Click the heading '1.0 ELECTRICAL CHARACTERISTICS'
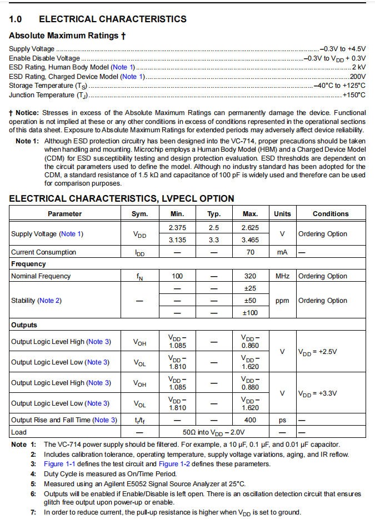coord(98,19)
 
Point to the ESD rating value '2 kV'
coord(359,67)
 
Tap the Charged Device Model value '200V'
coord(357,76)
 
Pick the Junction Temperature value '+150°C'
coord(354,94)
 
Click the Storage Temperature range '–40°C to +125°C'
coord(339,86)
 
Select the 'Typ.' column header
coord(214,214)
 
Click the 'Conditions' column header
coord(331,214)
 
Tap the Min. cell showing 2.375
coord(177,228)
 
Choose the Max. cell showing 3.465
coord(251,239)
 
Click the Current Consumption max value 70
coord(251,252)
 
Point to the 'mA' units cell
coord(282,252)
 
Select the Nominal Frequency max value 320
coord(251,276)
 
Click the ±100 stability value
coord(251,312)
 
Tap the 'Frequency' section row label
coord(28,264)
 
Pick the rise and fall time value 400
coord(251,420)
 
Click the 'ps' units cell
coord(282,420)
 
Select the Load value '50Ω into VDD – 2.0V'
coord(214,432)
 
